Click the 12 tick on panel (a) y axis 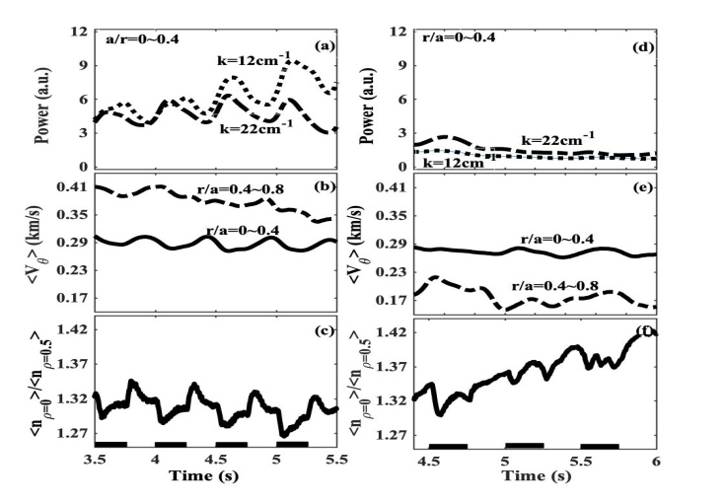(x=80, y=32)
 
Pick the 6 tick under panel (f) (x=656, y=461)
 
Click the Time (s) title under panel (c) (x=216, y=476)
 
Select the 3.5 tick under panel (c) (x=96, y=461)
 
